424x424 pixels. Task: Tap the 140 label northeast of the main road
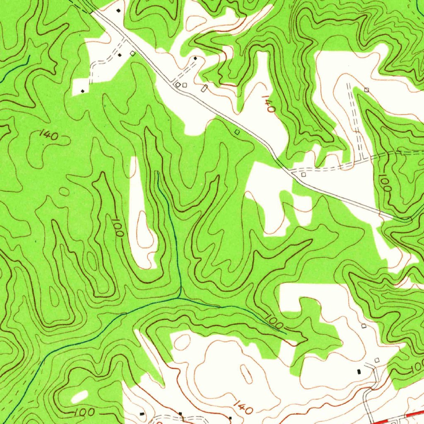point(268,104)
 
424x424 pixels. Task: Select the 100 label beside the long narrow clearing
point(118,227)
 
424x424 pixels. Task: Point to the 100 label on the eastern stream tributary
point(273,321)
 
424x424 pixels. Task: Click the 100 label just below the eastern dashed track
point(385,183)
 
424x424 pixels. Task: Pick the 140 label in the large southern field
point(243,408)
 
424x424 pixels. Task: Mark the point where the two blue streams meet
point(179,297)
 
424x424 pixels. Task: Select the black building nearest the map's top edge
point(118,10)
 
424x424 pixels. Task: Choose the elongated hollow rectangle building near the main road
point(204,88)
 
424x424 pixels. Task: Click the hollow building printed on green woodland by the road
point(237,132)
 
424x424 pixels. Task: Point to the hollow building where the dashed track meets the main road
point(304,175)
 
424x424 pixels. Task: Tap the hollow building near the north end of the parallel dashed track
point(366,89)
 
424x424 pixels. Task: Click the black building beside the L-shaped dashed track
point(120,55)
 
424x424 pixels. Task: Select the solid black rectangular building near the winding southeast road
point(359,372)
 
